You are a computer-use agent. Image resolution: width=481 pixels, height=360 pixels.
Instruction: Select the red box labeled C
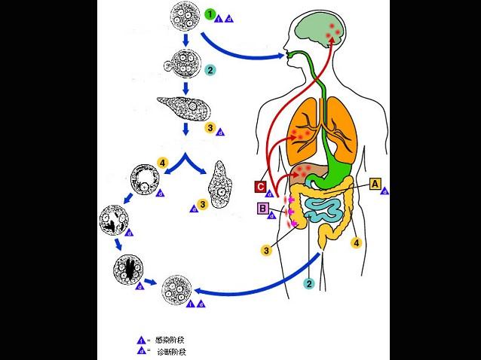coord(259,187)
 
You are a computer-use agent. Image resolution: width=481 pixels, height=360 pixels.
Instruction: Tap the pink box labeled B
coord(263,209)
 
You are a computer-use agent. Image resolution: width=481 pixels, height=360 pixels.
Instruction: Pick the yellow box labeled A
coord(375,182)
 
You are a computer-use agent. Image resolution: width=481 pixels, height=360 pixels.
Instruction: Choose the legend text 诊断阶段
coord(161,352)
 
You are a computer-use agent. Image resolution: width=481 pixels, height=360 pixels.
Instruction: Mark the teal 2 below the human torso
coord(308,283)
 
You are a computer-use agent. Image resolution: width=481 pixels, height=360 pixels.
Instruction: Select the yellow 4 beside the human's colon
coord(357,243)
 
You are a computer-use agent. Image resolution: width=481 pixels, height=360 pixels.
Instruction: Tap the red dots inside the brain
coord(332,31)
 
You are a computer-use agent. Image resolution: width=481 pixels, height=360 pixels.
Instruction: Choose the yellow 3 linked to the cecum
coord(266,249)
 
